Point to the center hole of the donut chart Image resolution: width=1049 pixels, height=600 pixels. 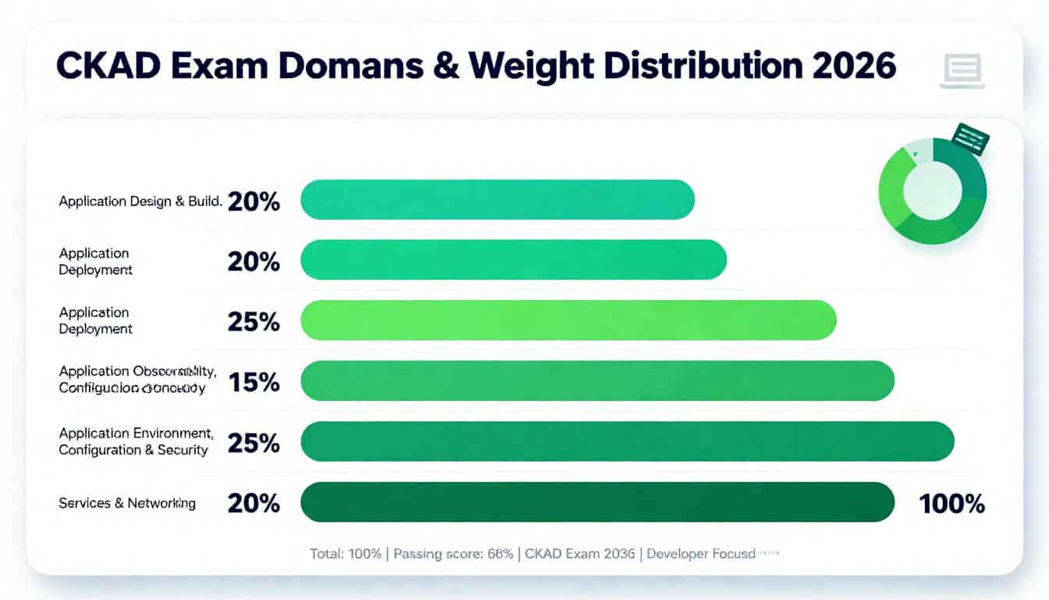point(933,190)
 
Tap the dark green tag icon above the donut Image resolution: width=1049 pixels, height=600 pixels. point(970,138)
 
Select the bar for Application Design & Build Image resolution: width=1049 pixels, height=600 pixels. point(497,199)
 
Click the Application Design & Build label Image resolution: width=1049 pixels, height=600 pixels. point(140,202)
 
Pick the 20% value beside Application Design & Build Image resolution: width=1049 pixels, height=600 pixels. point(254,202)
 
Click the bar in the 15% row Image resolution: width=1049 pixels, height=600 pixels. point(597,380)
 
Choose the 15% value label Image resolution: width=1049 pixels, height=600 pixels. point(254,382)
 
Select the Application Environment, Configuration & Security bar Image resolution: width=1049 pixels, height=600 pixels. point(627,441)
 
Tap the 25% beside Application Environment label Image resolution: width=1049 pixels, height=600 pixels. point(254,443)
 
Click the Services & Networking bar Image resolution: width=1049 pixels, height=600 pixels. point(597,502)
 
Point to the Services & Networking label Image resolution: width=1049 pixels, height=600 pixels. point(127,503)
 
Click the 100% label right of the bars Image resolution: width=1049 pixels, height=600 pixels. point(951,504)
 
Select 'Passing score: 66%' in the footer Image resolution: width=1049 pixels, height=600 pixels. point(453,554)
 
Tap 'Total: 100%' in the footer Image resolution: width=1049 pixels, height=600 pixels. point(345,554)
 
